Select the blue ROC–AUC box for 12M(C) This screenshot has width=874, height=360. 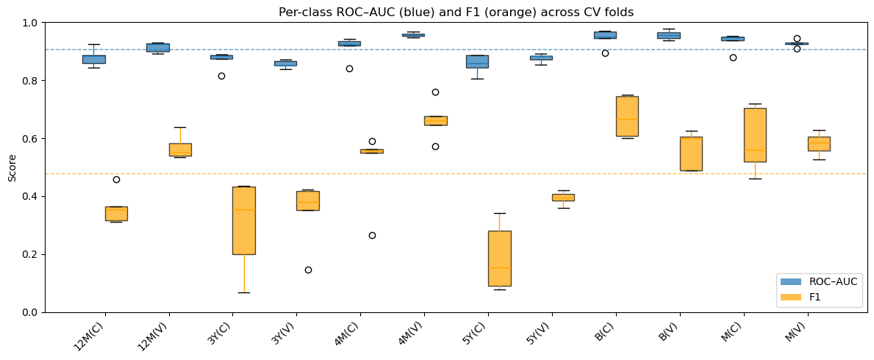[x=93, y=59]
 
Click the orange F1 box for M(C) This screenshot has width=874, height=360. [x=755, y=135]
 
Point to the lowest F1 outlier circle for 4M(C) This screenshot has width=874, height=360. [x=372, y=235]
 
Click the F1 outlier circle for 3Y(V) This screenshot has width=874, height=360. [x=308, y=270]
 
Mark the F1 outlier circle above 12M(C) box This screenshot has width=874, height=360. [x=116, y=179]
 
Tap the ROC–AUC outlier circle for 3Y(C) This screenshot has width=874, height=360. [x=221, y=76]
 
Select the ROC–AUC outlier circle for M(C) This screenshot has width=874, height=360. [x=733, y=57]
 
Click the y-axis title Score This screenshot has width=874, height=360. [x=12, y=168]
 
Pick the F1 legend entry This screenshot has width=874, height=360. [x=802, y=298]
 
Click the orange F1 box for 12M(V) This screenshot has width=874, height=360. [x=180, y=150]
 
